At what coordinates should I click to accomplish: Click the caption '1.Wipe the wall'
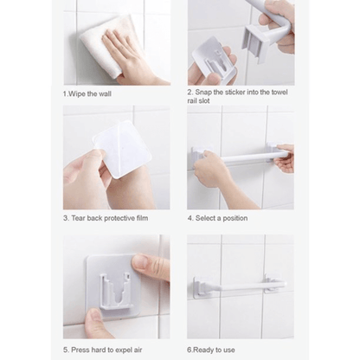pos(87,93)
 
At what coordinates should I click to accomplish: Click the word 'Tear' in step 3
pos(80,218)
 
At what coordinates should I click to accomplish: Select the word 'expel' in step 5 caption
pos(129,350)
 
